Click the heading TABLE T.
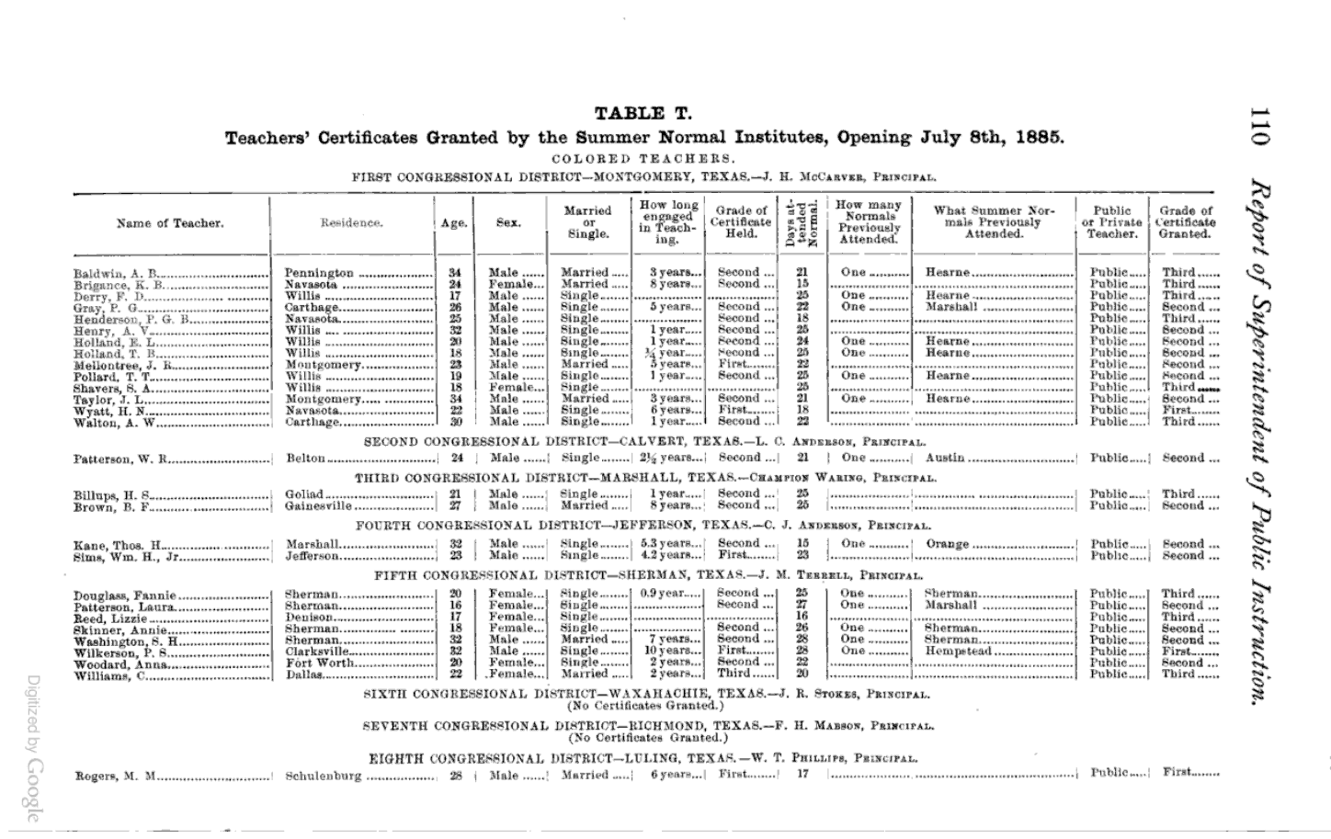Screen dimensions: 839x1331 point(643,114)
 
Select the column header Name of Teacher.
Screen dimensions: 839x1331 point(170,223)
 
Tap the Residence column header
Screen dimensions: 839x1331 point(351,223)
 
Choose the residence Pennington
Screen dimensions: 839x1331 point(319,273)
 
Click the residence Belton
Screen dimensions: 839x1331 point(306,459)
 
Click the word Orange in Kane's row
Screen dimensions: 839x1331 point(947,544)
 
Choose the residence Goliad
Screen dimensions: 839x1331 point(304,494)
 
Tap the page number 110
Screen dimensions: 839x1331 point(1258,126)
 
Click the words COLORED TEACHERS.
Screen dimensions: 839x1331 point(643,158)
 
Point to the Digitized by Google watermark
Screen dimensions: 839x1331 point(33,748)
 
